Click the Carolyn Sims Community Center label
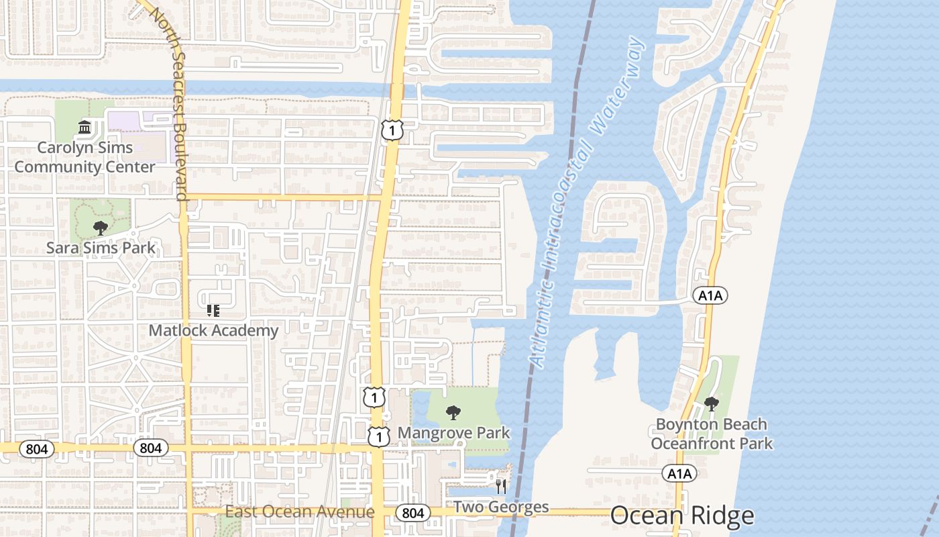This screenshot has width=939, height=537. pos(85,157)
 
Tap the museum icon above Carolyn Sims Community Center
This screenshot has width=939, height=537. pos(85,127)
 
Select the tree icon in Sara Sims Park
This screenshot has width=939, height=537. pos(101,228)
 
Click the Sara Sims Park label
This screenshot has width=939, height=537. pos(101,248)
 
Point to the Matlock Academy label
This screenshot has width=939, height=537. pos(213,330)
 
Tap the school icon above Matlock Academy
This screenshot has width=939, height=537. pos(213,311)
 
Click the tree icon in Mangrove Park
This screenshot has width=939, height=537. pos(453,412)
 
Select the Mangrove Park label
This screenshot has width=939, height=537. pos(454,433)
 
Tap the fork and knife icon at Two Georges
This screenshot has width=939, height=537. pos(501,487)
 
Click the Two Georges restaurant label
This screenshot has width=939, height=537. pos(501,507)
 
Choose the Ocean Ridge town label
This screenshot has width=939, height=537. pos(682,516)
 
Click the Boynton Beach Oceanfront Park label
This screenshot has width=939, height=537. pos(712,434)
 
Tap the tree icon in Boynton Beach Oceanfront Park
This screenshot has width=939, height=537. pos(712,404)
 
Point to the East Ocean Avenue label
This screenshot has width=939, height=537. pos(300,512)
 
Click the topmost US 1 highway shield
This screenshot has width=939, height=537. pos(392,130)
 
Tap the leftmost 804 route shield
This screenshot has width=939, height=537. pos(37,448)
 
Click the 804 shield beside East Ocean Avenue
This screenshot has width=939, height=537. pos(413,513)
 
